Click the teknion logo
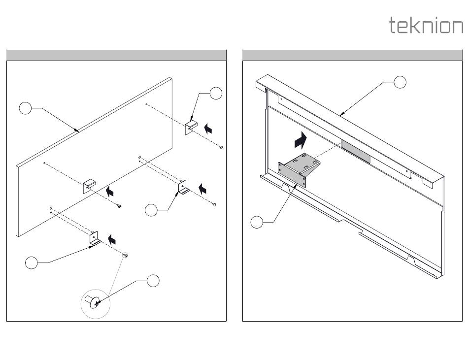426,25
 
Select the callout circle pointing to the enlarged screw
153,280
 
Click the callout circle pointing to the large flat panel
26,108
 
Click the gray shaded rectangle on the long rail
356,151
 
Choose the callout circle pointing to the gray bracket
257,222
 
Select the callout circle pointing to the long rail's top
401,82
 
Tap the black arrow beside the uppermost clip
209,129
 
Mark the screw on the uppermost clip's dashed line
222,146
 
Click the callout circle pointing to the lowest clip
31,262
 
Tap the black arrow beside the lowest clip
113,239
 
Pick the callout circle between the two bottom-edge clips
152,210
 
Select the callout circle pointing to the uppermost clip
216,93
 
